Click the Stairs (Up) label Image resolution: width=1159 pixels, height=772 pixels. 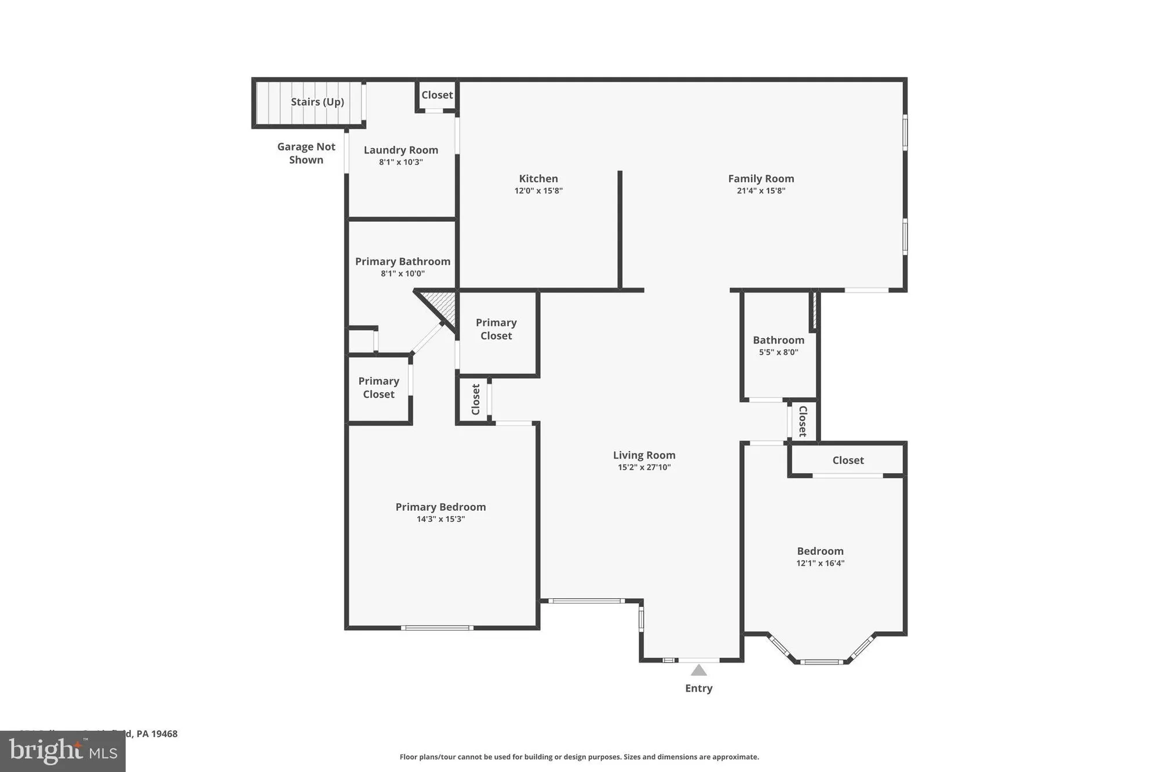pos(317,102)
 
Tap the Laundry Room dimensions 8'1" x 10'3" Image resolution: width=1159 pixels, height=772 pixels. pos(400,162)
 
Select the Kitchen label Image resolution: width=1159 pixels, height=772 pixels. pos(538,178)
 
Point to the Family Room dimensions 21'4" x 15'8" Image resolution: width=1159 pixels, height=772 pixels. pos(760,191)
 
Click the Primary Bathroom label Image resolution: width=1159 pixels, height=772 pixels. pos(402,261)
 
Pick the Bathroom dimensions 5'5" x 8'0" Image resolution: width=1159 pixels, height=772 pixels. pos(778,352)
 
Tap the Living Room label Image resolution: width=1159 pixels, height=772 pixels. pos(644,455)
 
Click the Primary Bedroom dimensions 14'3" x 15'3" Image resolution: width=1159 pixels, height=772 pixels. pos(440,519)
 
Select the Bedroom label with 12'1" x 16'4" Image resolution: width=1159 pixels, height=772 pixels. pos(820,551)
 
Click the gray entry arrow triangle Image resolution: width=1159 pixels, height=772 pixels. pos(698,671)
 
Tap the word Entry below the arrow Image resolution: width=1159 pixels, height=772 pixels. pos(698,688)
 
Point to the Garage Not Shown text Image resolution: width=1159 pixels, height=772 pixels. pos(306,153)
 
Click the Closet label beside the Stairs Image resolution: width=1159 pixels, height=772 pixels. pos(437,95)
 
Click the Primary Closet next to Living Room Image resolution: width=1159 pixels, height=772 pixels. pos(496,329)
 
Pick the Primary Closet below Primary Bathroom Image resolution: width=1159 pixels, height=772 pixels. pos(378,387)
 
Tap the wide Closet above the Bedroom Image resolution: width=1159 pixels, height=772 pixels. pos(848,460)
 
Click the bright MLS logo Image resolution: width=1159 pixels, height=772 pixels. pos(63,752)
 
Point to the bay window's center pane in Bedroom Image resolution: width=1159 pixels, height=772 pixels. pos(822,661)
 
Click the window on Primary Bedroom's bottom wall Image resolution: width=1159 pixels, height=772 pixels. pos(437,628)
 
